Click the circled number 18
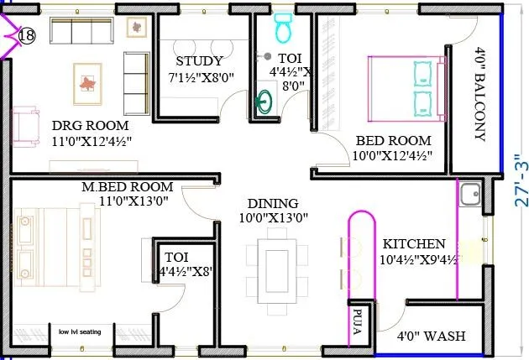click(26, 35)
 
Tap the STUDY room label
click(199, 61)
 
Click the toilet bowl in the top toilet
click(282, 30)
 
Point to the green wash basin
click(264, 104)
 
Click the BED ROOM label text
click(393, 140)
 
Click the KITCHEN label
click(415, 243)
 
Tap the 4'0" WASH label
click(431, 336)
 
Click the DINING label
click(273, 203)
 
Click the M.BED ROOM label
click(127, 186)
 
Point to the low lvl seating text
click(79, 331)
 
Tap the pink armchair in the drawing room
click(26, 125)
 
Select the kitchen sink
click(469, 196)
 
